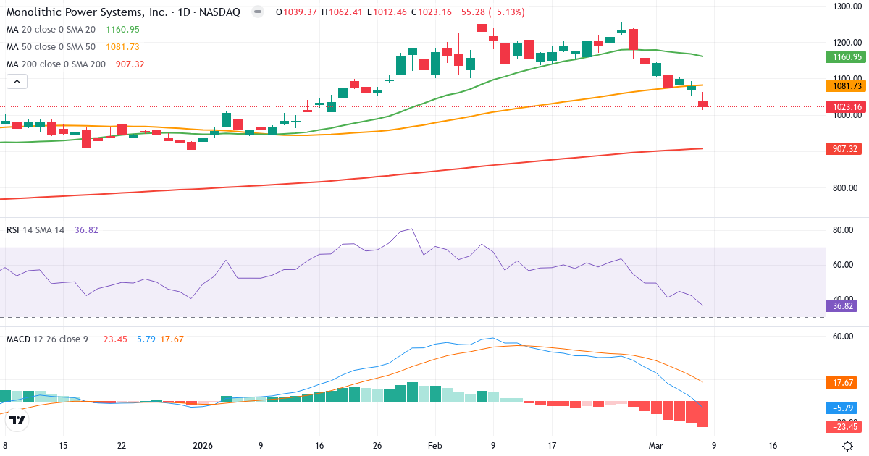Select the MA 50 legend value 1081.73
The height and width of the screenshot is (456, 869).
(x=122, y=47)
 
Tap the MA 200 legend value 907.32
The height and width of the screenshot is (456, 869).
(x=130, y=64)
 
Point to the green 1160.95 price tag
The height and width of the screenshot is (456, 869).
(x=846, y=56)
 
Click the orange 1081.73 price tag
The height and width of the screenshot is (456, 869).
(x=846, y=85)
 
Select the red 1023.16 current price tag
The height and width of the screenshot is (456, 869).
(x=846, y=107)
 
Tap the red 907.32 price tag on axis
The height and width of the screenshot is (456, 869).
(x=846, y=148)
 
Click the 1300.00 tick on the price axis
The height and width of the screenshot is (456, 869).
(x=846, y=7)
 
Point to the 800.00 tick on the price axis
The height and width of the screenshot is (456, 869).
(x=846, y=188)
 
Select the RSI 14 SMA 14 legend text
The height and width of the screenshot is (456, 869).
(x=35, y=230)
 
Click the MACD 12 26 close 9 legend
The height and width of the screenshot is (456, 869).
(x=49, y=339)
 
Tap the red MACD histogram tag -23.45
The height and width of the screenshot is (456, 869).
(x=844, y=426)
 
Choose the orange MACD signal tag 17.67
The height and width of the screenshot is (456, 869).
(x=844, y=382)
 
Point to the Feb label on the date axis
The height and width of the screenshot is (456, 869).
(x=434, y=446)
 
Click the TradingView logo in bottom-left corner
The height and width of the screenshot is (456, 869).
(x=17, y=420)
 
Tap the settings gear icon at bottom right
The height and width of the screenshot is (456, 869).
(x=847, y=446)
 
